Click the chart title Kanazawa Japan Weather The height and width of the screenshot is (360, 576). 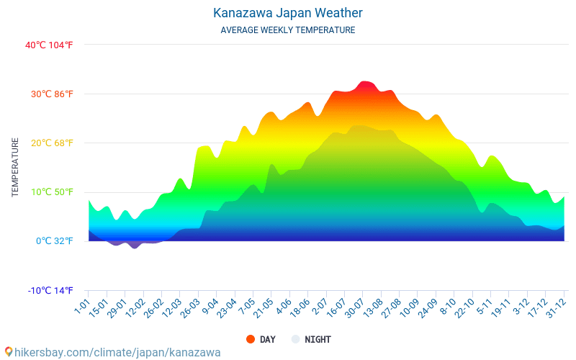[288, 13]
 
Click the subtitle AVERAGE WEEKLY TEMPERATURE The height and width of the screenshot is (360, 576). [288, 30]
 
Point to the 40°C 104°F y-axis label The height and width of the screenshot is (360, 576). [49, 45]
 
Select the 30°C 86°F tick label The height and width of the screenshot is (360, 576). [49, 94]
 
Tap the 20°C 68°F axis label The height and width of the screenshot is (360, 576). [49, 143]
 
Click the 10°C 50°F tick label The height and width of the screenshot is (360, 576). [49, 192]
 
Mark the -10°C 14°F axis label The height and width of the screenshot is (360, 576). [50, 290]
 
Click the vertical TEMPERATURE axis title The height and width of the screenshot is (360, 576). [15, 168]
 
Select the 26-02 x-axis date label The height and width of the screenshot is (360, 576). [153, 307]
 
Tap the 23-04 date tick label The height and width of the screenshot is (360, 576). [226, 307]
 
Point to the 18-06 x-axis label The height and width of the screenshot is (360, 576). [300, 307]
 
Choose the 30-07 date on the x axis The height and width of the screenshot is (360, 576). [354, 307]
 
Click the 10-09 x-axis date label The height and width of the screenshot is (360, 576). [410, 307]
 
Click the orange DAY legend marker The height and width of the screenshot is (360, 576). [251, 339]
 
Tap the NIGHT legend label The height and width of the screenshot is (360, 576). [318, 339]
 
